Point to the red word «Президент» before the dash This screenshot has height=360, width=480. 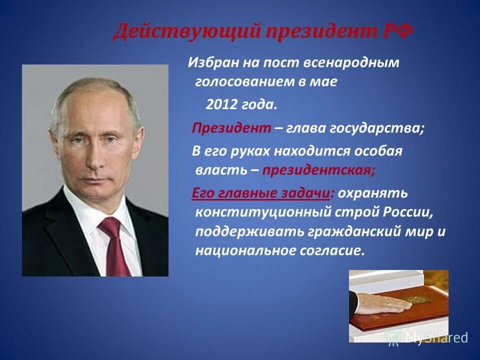(231, 128)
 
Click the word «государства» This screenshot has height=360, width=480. (376, 128)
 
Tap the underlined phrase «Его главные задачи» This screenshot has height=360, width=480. (261, 193)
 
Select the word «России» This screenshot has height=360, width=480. (406, 211)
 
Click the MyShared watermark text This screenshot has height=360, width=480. (435, 337)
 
